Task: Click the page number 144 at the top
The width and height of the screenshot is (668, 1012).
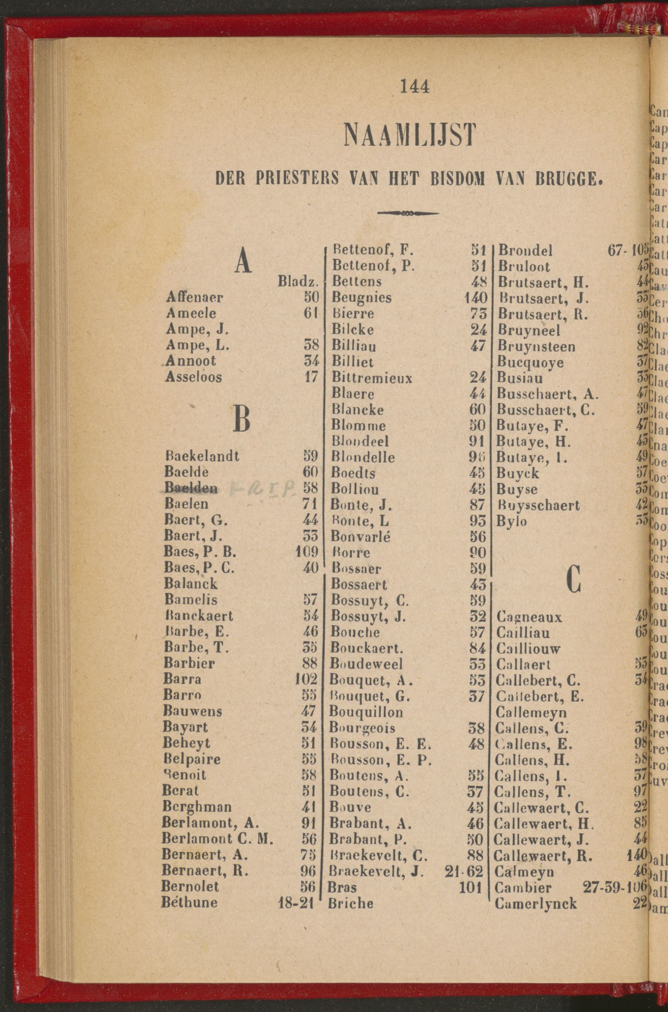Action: coord(414,86)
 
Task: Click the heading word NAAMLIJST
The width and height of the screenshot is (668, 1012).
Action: coord(409,135)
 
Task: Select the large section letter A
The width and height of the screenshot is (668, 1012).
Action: coord(243,261)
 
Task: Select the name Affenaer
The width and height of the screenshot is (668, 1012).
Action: coord(195,298)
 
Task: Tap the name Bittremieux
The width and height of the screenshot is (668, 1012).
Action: coord(372,378)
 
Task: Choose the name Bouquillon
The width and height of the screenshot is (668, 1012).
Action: coord(367,712)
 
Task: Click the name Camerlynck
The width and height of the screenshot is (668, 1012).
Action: coord(536,903)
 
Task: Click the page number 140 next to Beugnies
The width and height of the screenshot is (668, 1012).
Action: coord(476,298)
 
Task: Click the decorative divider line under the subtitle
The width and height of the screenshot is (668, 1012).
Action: coord(408,213)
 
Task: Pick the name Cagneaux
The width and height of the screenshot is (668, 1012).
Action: coord(529,617)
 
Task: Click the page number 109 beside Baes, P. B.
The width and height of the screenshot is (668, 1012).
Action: coord(306,552)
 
